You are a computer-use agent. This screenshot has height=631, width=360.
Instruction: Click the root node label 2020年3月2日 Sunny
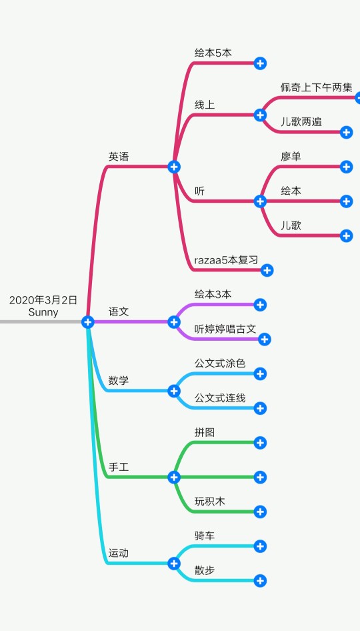click(43, 306)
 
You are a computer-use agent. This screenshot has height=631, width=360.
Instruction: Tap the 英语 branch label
click(119, 157)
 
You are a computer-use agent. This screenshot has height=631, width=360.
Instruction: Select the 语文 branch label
click(119, 311)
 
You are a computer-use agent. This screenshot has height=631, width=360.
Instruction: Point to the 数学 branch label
click(119, 380)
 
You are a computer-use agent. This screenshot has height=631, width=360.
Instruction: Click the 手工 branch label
click(119, 467)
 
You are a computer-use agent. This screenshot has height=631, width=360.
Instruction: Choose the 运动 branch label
click(119, 553)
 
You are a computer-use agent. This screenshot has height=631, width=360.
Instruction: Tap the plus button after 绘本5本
click(260, 63)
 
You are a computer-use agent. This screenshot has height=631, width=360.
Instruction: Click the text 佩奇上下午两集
click(317, 87)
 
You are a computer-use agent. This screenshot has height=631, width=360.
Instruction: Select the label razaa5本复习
click(226, 260)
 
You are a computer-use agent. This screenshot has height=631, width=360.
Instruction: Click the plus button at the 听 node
click(260, 201)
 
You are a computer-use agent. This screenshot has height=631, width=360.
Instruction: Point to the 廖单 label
click(291, 157)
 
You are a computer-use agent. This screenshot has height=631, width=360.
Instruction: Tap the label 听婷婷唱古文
click(225, 329)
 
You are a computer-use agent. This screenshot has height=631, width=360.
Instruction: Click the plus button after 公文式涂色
click(260, 374)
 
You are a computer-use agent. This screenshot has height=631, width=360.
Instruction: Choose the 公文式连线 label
click(220, 398)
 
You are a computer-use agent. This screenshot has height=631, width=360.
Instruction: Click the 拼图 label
click(205, 433)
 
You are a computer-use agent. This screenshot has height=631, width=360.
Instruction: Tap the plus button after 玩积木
click(260, 512)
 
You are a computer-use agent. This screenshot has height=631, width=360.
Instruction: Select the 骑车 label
click(205, 536)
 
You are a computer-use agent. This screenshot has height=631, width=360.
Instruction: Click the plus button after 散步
click(260, 581)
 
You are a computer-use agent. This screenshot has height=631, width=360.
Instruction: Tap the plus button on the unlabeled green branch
click(260, 478)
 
